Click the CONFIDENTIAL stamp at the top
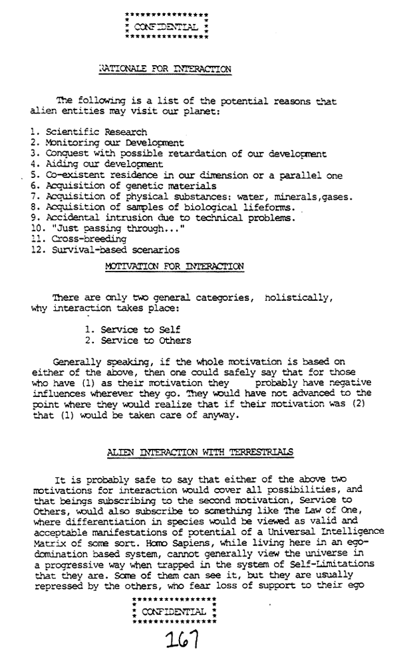pyautogui.click(x=166, y=27)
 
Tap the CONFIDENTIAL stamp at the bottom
pyautogui.click(x=175, y=610)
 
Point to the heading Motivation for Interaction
pyautogui.click(x=174, y=266)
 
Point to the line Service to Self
pyautogui.click(x=132, y=329)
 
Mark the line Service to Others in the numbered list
pyautogui.click(x=138, y=340)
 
